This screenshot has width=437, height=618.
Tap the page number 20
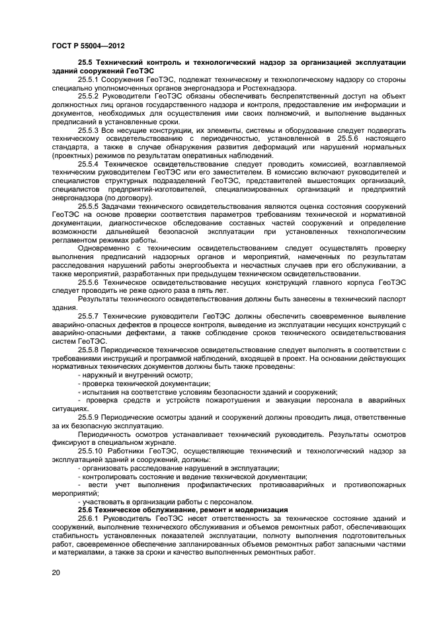56,572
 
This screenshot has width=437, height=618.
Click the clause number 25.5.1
89,79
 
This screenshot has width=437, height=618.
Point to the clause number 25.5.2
89,97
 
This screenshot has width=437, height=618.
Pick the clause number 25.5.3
89,131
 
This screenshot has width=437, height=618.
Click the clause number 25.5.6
89,282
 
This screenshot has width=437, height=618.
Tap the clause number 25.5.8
89,350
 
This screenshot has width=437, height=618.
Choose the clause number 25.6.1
89,519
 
